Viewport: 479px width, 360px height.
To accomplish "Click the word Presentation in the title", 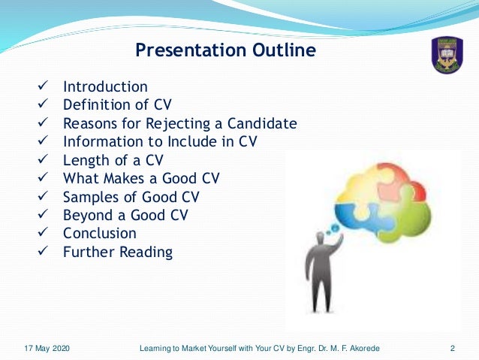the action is pyautogui.click(x=191, y=50).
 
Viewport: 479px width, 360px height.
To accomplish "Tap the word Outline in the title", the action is pyautogui.click(x=284, y=50).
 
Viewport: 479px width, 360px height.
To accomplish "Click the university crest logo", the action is pyautogui.click(x=447, y=55).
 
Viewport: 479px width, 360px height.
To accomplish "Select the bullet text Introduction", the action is pyautogui.click(x=105, y=86).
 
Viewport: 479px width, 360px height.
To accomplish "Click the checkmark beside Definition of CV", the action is pyautogui.click(x=43, y=104).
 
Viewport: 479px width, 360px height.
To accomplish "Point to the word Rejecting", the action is pyautogui.click(x=178, y=124).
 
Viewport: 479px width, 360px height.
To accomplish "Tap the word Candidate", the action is pyautogui.click(x=262, y=123).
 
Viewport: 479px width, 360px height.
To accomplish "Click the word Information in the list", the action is pyautogui.click(x=103, y=141).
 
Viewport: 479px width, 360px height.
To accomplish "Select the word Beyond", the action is pyautogui.click(x=89, y=215).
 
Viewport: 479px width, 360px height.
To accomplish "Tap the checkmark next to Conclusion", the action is pyautogui.click(x=43, y=231).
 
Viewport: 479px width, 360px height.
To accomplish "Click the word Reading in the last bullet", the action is pyautogui.click(x=146, y=253).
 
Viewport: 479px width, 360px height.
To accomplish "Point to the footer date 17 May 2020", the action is pyautogui.click(x=47, y=348).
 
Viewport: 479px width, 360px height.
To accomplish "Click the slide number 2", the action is pyautogui.click(x=453, y=348).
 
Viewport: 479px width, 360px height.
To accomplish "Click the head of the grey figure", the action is pyautogui.click(x=320, y=237).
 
